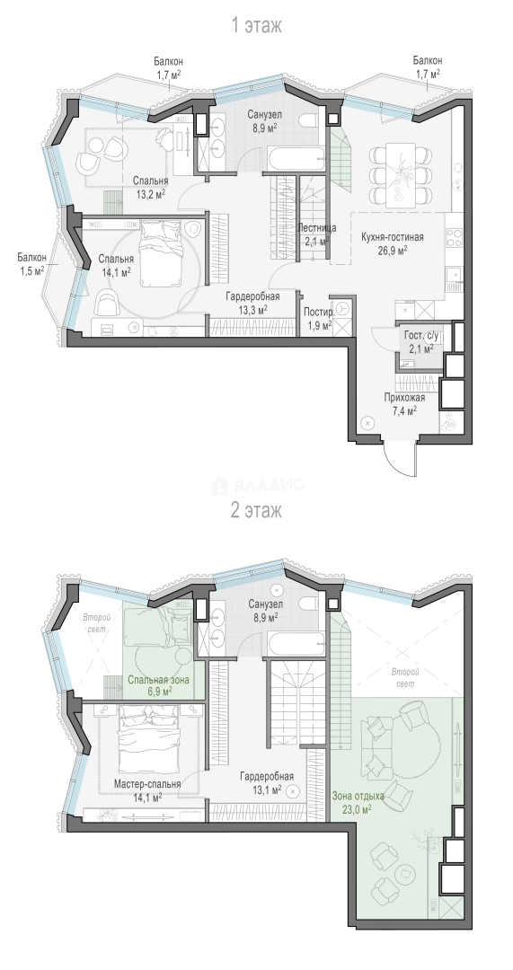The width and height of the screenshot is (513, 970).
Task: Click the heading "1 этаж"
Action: (x=256, y=25)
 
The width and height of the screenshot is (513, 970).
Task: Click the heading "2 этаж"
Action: (x=256, y=510)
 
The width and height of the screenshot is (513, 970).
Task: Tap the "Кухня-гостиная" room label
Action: (x=393, y=237)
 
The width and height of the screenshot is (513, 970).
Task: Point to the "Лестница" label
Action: (x=317, y=227)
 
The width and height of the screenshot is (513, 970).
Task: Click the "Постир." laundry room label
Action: (x=319, y=311)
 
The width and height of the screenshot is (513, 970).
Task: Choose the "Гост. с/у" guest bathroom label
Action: (x=420, y=336)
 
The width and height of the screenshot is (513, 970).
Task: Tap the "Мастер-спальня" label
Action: (x=147, y=784)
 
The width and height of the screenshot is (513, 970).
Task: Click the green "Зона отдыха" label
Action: (x=358, y=796)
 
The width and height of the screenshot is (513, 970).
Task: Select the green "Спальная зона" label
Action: (x=158, y=680)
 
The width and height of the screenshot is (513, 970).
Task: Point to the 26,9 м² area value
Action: (x=393, y=251)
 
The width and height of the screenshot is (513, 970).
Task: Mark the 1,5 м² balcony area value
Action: (x=31, y=270)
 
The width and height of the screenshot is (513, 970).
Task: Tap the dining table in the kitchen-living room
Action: (x=400, y=175)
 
